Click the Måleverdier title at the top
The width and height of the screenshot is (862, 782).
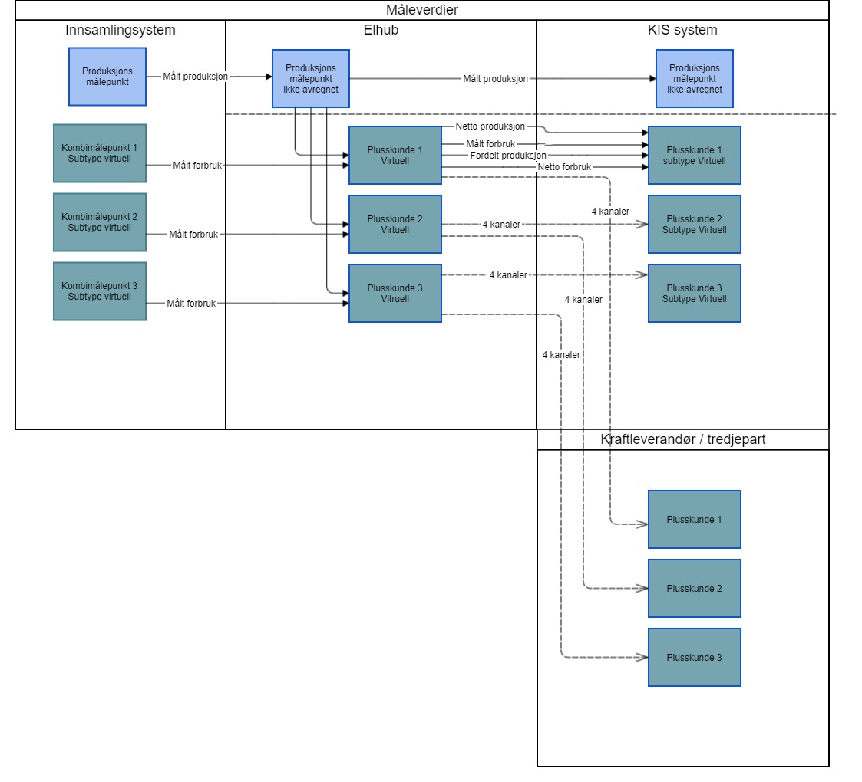422,10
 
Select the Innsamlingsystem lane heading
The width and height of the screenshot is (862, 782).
120,31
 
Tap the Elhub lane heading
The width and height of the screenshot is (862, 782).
381,31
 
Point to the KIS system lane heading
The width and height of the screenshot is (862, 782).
682,31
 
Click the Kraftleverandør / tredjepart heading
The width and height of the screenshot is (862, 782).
682,439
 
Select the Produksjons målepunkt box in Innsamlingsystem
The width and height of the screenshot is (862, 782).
107,77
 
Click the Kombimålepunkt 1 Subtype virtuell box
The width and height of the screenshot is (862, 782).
100,153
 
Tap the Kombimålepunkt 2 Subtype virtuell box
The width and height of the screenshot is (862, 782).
100,222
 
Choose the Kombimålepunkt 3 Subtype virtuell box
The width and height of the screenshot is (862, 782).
100,291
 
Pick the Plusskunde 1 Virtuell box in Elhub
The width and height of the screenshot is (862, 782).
395,156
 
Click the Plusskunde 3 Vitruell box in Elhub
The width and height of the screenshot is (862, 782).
395,294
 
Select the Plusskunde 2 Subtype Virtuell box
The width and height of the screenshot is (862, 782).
695,225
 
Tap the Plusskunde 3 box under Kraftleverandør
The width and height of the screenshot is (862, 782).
695,658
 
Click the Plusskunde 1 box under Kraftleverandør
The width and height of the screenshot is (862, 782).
695,520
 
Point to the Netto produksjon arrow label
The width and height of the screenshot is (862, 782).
490,126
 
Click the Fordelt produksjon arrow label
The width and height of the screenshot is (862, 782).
503,156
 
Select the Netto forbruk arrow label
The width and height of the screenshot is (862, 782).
564,167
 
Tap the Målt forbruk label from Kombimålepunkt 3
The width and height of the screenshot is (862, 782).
192,304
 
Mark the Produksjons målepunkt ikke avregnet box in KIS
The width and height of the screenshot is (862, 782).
695,78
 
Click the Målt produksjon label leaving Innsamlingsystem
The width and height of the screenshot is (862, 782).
195,77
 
